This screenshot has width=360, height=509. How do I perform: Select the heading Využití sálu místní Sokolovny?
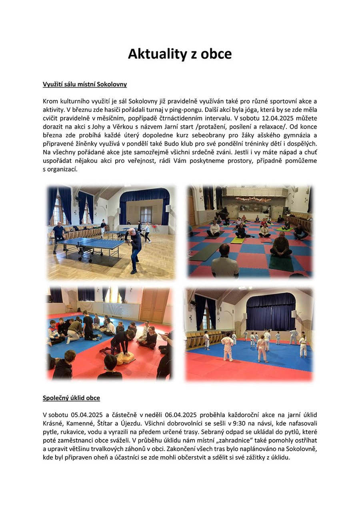coord(85,84)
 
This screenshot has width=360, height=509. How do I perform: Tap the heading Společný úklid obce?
coord(71,398)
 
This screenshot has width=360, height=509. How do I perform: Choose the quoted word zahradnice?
coord(216,441)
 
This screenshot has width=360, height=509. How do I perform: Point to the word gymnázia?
coord(291,135)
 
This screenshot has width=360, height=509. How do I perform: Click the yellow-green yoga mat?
coord(237,241)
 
